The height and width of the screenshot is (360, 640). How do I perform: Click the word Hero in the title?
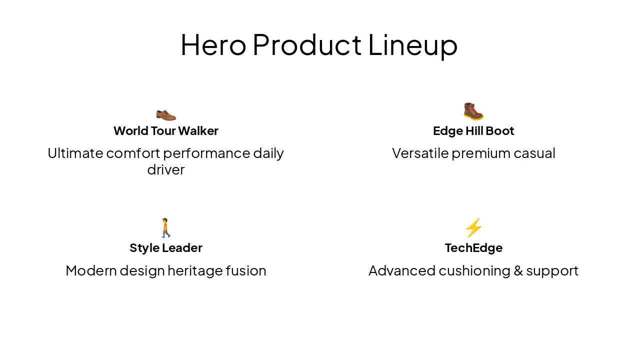(x=213, y=44)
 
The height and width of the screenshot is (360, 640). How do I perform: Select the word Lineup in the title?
(x=412, y=45)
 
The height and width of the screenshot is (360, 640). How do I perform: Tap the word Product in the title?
(x=307, y=44)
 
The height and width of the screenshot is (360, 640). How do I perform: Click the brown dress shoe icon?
(x=166, y=114)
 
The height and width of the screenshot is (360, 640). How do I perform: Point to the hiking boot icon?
(x=473, y=111)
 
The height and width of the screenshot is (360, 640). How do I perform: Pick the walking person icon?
(x=166, y=228)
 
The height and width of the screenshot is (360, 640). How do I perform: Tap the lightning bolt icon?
(x=473, y=228)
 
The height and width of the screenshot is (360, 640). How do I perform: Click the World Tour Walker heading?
(x=166, y=131)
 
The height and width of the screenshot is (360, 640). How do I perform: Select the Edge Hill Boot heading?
(x=473, y=131)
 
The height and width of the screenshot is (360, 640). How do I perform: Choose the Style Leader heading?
(x=166, y=248)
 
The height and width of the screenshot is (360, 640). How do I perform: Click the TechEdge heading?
(x=473, y=248)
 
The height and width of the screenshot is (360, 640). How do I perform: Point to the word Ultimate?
(x=75, y=153)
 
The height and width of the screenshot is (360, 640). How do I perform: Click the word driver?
(x=166, y=169)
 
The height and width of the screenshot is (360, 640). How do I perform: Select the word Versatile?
(x=420, y=153)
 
